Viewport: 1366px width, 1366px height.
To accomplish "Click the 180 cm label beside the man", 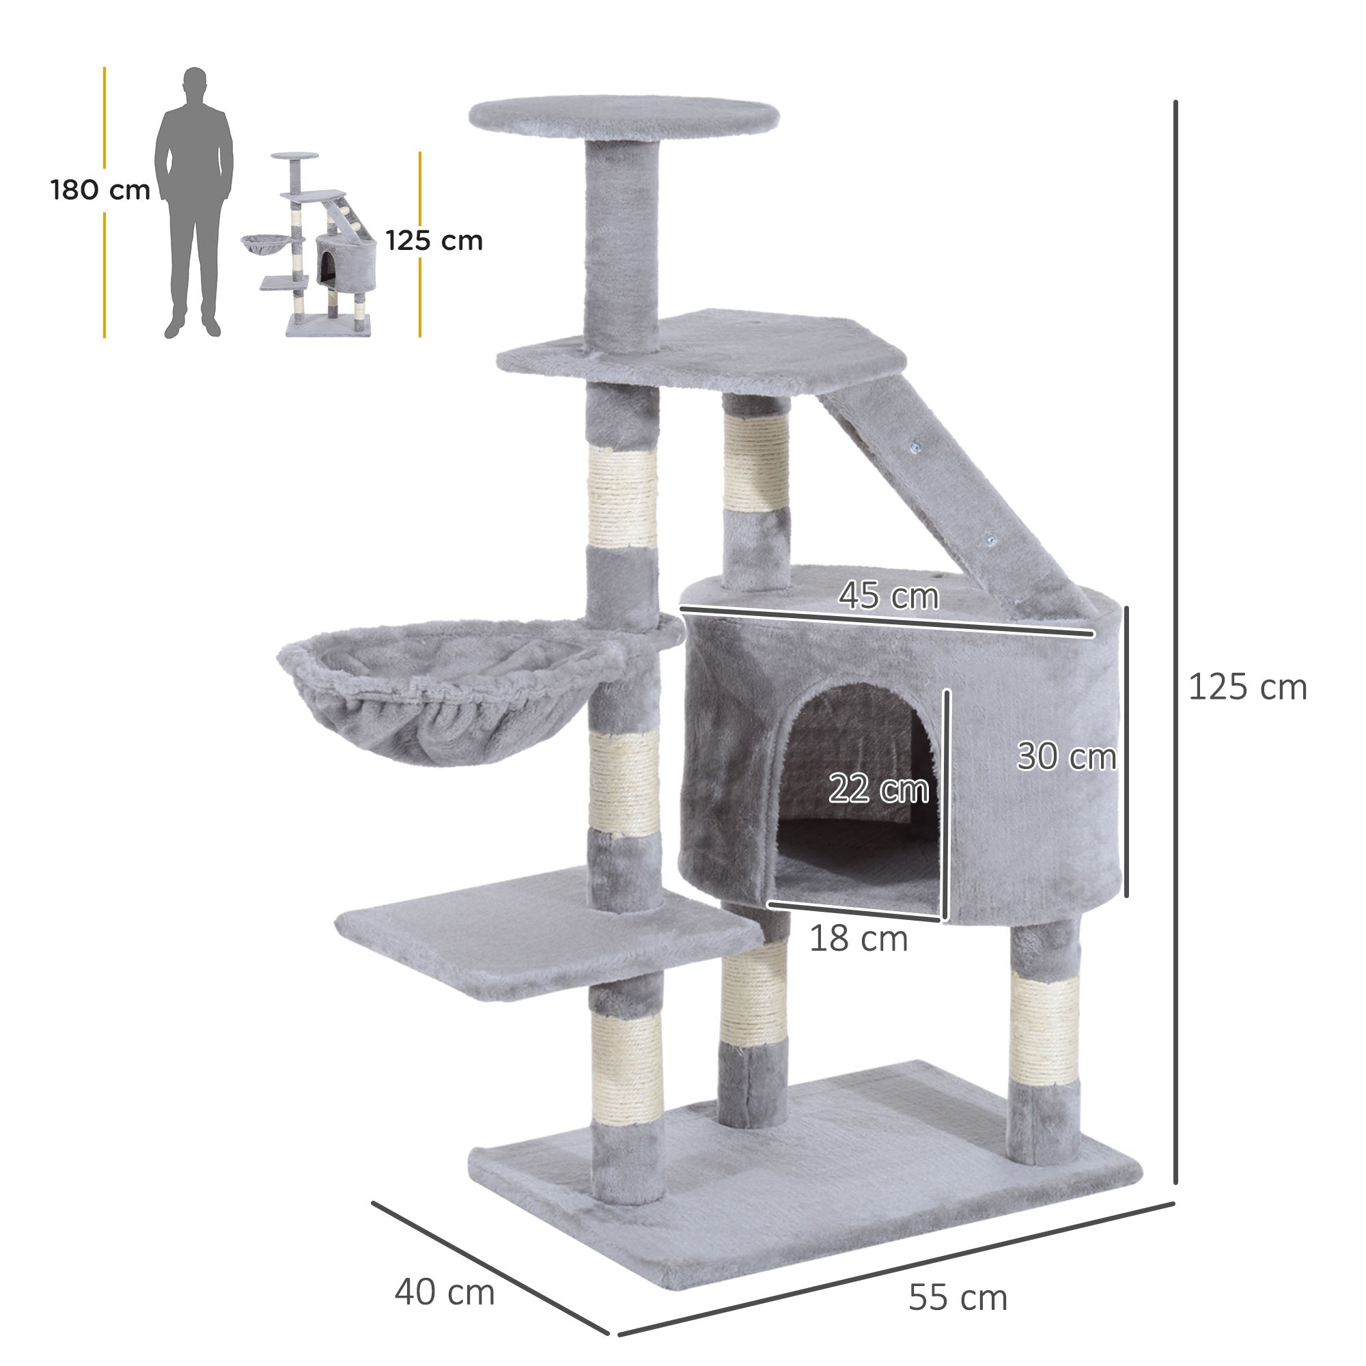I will pyautogui.click(x=100, y=190).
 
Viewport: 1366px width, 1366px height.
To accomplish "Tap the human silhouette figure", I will pyautogui.click(x=194, y=202).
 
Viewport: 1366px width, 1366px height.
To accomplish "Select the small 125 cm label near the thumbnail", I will pyautogui.click(x=434, y=241).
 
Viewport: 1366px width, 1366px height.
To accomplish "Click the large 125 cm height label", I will pyautogui.click(x=1247, y=687).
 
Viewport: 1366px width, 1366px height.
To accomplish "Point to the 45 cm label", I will pyautogui.click(x=888, y=596).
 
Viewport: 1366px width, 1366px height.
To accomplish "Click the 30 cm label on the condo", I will pyautogui.click(x=1065, y=757).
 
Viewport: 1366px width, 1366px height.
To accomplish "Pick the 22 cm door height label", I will pyautogui.click(x=878, y=788).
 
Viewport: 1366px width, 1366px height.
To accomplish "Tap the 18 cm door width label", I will pyautogui.click(x=858, y=939).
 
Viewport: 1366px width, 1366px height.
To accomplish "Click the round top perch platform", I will pyautogui.click(x=624, y=115).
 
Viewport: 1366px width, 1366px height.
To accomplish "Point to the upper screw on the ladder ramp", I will pyautogui.click(x=917, y=447).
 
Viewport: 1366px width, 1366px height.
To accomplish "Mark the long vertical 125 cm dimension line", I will pyautogui.click(x=1175, y=637).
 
